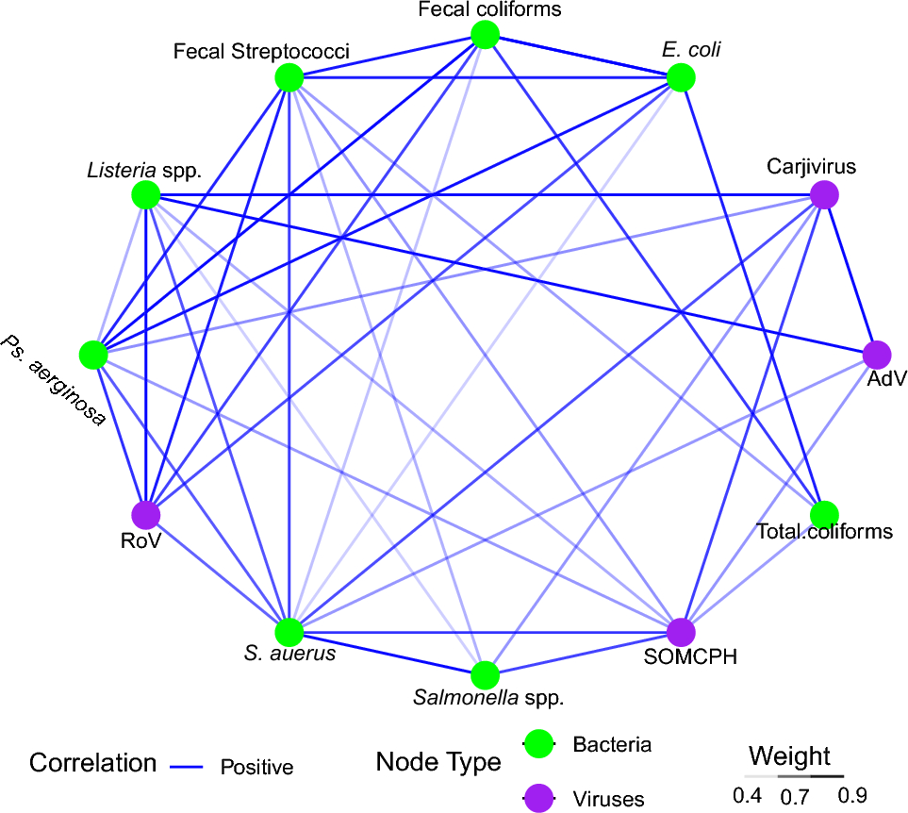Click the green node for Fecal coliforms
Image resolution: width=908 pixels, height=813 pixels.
coord(485,36)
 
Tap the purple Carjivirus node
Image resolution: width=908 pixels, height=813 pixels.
coord(826,196)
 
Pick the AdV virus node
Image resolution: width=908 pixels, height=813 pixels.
coord(878,355)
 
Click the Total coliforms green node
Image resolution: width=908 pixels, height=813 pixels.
coord(825,514)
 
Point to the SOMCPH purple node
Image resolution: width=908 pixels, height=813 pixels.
coord(681,632)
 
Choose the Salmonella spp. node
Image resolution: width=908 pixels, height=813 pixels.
coord(485,675)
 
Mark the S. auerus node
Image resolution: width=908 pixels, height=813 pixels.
coord(289,632)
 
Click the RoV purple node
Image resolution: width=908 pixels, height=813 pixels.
coord(145,515)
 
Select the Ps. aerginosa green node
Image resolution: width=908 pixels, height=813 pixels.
coord(92,355)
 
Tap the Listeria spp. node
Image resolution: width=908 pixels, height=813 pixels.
coord(145,196)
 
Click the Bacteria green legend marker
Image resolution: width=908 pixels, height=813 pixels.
coord(539,743)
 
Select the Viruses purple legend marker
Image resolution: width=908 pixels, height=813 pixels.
coord(539,798)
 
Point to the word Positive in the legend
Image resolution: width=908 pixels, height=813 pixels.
coord(256,767)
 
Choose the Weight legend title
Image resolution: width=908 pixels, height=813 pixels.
coord(789,755)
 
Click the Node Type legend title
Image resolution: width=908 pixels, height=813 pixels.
coord(438,762)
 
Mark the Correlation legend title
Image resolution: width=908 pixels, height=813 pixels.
coord(92,762)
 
